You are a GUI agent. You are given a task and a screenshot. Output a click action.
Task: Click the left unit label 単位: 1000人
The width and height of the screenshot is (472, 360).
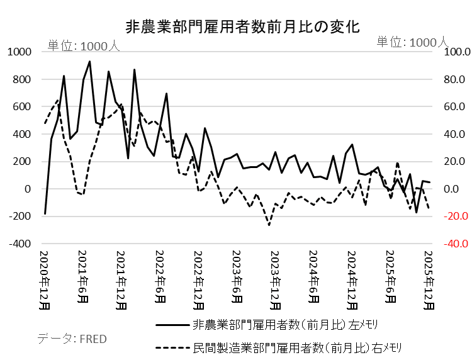83,45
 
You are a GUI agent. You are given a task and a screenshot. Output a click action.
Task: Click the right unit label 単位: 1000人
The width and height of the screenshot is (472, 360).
412,42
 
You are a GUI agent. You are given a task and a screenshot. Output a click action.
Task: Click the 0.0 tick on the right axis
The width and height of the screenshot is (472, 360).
454,189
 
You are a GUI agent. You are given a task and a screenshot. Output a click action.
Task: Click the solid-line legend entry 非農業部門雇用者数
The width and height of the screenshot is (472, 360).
277,325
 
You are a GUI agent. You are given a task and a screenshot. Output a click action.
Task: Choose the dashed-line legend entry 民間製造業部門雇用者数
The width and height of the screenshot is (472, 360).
277,347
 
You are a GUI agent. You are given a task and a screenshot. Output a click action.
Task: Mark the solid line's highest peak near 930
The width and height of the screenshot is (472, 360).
89,62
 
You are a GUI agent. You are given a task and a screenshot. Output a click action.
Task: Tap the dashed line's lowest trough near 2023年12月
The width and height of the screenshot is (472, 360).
269,225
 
